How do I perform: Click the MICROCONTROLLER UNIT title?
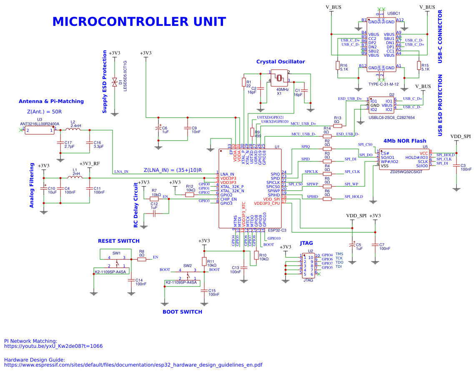click(139, 22)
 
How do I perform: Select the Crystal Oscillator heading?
click(281, 62)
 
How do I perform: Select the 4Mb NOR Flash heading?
click(405, 141)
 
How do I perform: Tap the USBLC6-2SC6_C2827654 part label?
click(391, 118)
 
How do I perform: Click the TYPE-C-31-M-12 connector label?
click(383, 84)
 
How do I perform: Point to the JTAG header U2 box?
click(308, 266)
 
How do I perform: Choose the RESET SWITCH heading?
click(118, 241)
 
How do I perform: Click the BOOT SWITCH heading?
click(182, 312)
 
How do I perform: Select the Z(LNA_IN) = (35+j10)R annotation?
click(173, 170)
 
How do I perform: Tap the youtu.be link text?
click(53, 346)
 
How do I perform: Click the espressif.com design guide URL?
click(133, 365)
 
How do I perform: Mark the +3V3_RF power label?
click(90, 163)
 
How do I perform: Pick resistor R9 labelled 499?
click(252, 133)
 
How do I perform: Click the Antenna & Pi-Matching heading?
click(51, 101)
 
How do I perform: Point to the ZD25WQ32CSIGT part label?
click(406, 172)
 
